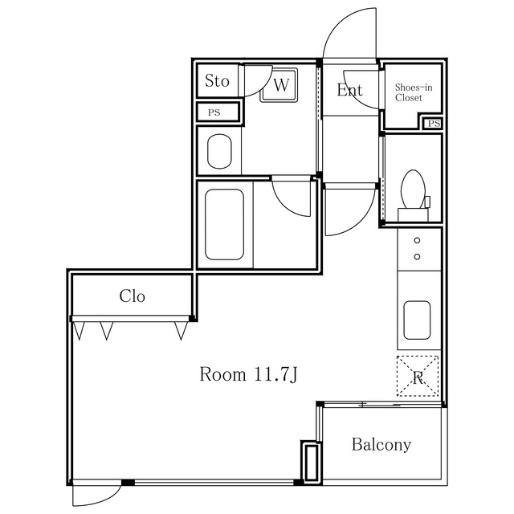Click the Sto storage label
click(x=217, y=80)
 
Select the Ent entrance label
click(x=350, y=90)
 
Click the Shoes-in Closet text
click(x=414, y=92)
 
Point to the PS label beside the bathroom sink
click(x=214, y=112)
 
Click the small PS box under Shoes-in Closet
click(x=434, y=123)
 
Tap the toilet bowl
click(x=413, y=190)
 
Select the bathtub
click(x=224, y=225)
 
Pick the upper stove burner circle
click(x=417, y=241)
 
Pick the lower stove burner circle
click(x=417, y=257)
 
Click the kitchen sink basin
click(x=417, y=320)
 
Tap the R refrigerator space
click(x=418, y=376)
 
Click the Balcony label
click(x=381, y=445)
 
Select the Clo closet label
click(x=132, y=296)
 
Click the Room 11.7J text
click(x=248, y=374)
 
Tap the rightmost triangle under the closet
click(x=181, y=330)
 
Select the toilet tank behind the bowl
click(x=413, y=214)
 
